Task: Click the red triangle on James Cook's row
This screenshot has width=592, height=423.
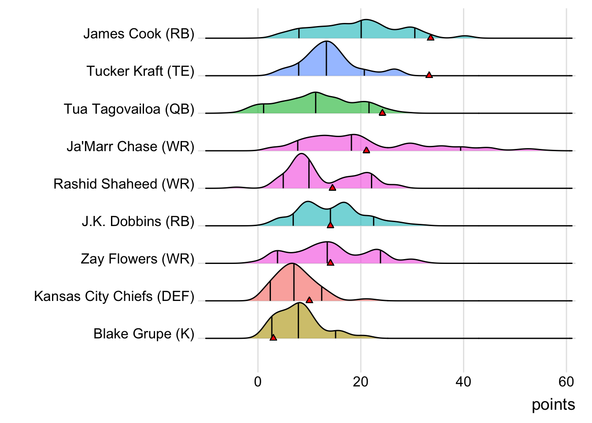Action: click(430, 38)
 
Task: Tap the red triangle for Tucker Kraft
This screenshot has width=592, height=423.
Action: click(429, 75)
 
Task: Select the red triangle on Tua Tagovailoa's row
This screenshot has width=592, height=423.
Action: click(382, 113)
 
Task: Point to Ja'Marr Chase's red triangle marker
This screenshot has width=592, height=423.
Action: click(366, 151)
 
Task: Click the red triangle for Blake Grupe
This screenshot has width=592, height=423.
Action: click(273, 338)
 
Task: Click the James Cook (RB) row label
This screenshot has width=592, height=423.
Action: click(139, 34)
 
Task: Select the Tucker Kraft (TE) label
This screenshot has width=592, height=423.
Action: click(140, 71)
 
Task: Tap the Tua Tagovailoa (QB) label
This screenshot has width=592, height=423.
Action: click(129, 109)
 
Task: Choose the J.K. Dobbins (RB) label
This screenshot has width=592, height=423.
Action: click(138, 221)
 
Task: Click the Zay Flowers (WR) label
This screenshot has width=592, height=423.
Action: click(137, 259)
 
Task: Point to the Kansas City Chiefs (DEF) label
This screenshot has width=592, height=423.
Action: click(114, 296)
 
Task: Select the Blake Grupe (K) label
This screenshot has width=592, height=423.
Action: click(144, 334)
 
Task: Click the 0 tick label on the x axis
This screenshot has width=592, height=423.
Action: click(258, 382)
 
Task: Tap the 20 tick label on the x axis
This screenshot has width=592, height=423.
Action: click(360, 382)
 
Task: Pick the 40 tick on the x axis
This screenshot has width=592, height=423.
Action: click(463, 382)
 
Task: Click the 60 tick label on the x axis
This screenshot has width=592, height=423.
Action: click(566, 382)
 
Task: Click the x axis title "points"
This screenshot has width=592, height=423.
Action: click(553, 404)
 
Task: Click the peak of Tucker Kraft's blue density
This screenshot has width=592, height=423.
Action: click(326, 42)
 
